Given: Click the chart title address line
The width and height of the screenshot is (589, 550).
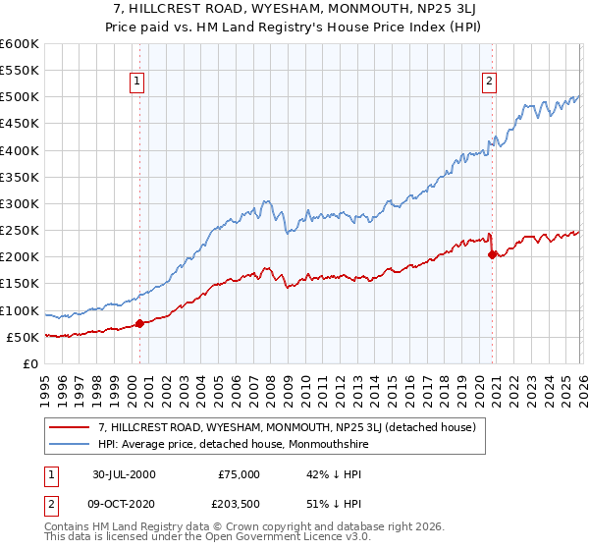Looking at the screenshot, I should coord(294,9).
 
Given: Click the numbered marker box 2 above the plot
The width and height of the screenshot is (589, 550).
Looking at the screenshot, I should coord(488,82).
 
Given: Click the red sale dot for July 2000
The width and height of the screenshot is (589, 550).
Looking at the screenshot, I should coord(139,323).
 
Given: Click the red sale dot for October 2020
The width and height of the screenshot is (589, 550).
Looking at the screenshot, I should coord(492,254).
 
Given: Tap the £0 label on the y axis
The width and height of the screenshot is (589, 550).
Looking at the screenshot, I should coord(29,363).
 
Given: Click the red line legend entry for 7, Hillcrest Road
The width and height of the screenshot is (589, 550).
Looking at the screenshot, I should coord(287,427).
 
